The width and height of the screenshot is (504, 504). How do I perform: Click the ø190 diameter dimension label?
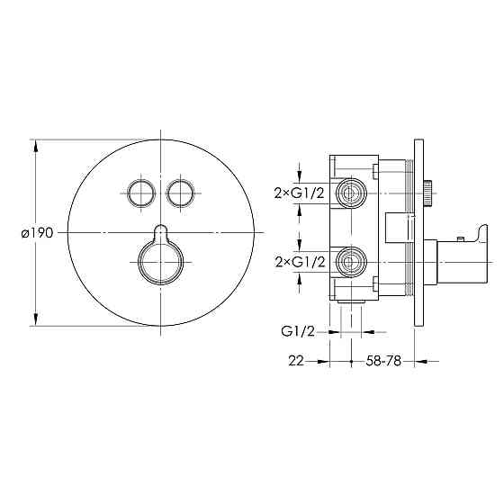point(37,233)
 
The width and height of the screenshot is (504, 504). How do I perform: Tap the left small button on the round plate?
point(141,193)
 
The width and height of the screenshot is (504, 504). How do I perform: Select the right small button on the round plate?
point(180,193)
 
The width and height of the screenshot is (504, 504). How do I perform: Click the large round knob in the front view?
point(161,262)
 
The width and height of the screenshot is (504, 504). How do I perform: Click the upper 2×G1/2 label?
point(299,193)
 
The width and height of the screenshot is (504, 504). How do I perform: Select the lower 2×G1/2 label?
point(300,263)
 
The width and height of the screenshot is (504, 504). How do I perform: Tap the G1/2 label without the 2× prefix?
point(298,331)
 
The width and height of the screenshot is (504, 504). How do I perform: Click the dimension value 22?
point(296,361)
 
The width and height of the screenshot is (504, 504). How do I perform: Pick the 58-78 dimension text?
point(383,361)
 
